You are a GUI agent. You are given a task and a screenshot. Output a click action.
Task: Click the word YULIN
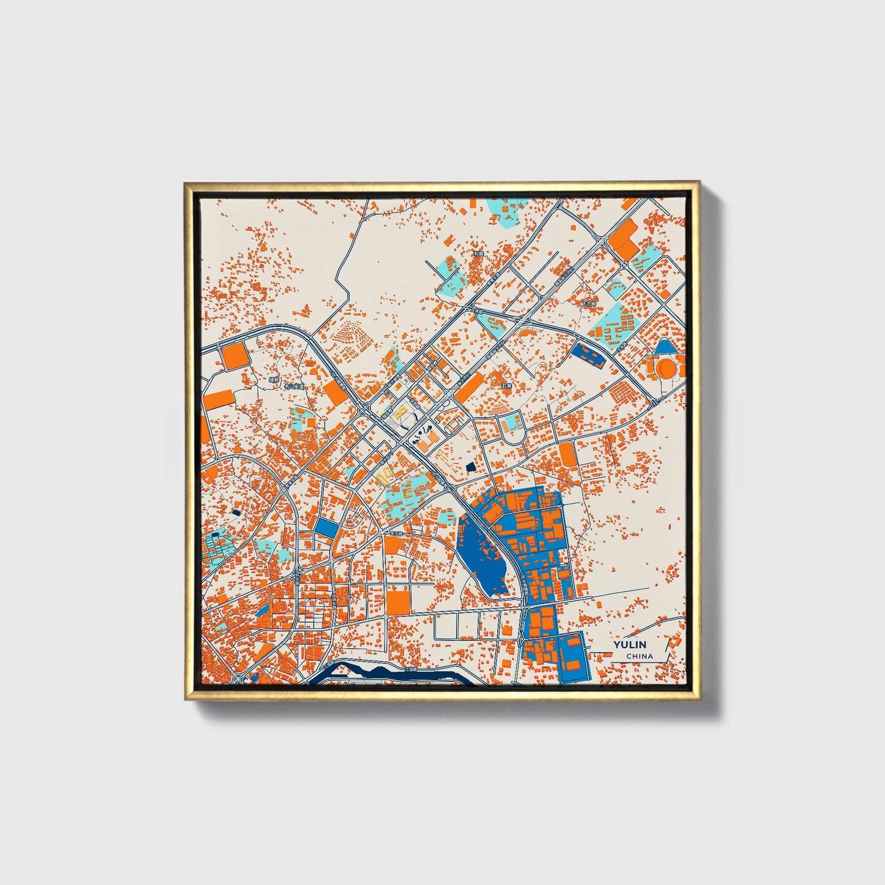point(630,645)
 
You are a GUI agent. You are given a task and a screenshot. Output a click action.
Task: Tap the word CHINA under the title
point(639,656)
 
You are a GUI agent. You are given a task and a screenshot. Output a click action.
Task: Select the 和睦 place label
point(478,252)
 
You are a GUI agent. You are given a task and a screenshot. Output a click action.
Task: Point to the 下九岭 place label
point(588,304)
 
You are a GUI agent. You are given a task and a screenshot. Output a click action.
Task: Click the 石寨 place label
point(506,386)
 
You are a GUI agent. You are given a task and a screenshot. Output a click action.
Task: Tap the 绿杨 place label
point(274,380)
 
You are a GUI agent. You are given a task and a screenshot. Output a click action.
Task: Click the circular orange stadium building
point(665,369)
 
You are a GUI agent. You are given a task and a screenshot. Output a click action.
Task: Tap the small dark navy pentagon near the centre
point(470,467)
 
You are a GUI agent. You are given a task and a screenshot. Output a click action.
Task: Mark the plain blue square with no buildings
point(326,528)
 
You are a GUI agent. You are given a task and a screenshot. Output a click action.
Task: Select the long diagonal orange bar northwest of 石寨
point(470,387)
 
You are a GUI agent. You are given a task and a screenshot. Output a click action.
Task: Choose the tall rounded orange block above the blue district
point(567,455)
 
